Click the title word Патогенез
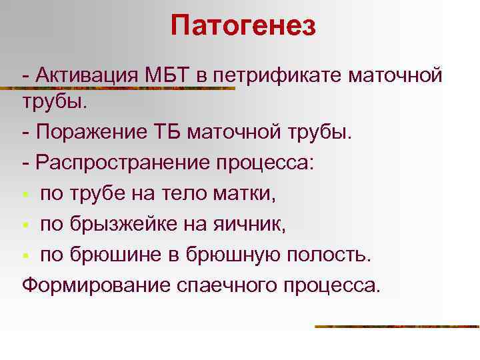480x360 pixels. point(243,27)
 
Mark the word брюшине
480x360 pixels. point(114,255)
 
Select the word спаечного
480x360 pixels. point(213,285)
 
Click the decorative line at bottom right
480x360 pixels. point(397,327)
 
